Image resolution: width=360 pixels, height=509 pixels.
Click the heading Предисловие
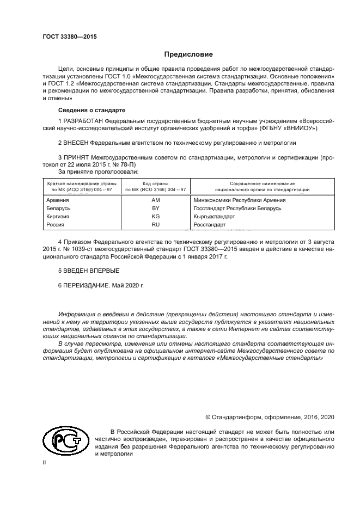[188, 54]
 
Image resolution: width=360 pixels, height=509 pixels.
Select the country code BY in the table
[155, 208]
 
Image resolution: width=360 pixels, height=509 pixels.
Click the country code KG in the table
[155, 216]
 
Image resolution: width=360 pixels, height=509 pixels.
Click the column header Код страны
[155, 183]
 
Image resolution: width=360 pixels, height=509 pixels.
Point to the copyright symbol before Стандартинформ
[208, 417]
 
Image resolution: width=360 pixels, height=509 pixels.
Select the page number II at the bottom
[45, 462]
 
